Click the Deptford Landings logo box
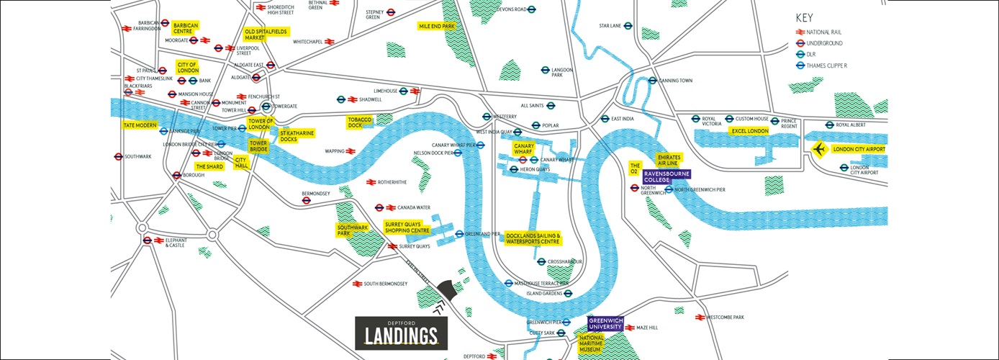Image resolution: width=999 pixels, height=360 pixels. tap(401, 333)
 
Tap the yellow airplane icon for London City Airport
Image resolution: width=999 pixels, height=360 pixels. tap(818, 149)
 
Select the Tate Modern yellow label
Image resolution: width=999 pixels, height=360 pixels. tap(140, 125)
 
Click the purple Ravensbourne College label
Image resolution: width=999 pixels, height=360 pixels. tap(666, 176)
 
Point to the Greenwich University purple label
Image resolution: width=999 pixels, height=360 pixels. tap(606, 323)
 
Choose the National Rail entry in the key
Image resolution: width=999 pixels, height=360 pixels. tap(818, 32)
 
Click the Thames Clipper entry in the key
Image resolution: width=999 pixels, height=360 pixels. tap(821, 66)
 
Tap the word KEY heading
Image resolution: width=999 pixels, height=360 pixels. tap(804, 18)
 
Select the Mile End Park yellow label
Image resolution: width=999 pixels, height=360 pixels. tap(437, 26)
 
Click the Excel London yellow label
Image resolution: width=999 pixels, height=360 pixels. tap(749, 131)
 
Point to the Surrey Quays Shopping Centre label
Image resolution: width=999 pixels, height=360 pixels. tap(407, 228)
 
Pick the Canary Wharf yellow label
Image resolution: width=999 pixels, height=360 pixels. tap(523, 148)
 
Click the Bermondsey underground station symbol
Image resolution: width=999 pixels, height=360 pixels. tap(306, 201)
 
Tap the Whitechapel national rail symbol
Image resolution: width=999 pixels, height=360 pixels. tap(330, 42)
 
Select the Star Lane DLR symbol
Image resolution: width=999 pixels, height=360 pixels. tap(628, 26)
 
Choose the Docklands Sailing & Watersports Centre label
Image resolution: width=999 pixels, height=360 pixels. tap(533, 238)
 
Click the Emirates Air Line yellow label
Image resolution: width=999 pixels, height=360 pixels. tap(667, 160)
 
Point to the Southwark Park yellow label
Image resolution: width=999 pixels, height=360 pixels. tap(353, 230)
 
